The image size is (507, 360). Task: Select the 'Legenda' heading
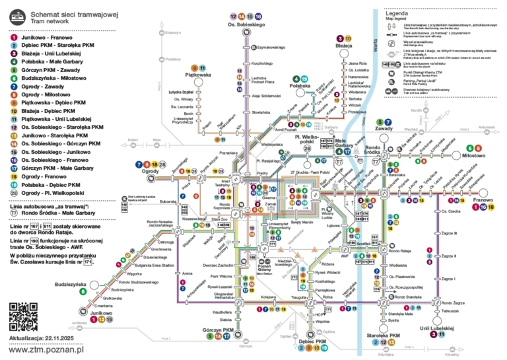[x=398, y=13]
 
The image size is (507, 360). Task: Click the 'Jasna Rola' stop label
[x=357, y=62]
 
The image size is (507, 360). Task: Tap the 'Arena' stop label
[x=187, y=273]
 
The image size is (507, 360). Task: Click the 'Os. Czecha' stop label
[x=450, y=211]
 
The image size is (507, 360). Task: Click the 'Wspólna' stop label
[x=323, y=322]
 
